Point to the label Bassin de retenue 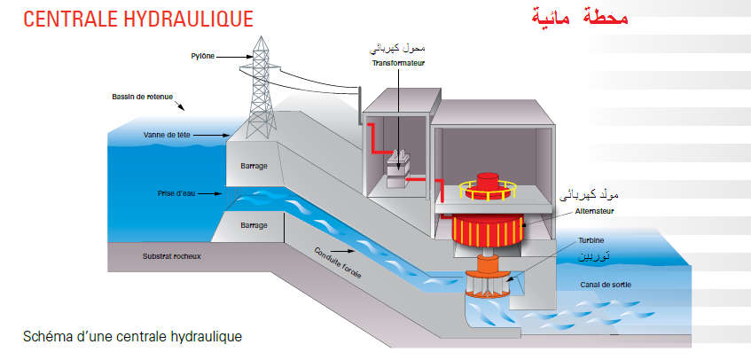pyautogui.click(x=142, y=97)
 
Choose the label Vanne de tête pyautogui.click(x=167, y=135)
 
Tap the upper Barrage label pyautogui.click(x=254, y=166)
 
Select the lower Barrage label pyautogui.click(x=254, y=225)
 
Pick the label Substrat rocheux pyautogui.click(x=172, y=257)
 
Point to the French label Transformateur pyautogui.click(x=398, y=63)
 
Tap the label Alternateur pyautogui.click(x=593, y=211)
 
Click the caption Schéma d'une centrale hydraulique pyautogui.click(x=132, y=337)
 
